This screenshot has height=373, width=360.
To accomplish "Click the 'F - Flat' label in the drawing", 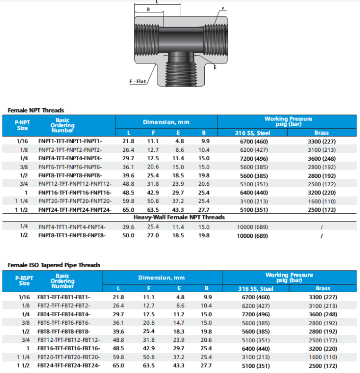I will click(x=138, y=82).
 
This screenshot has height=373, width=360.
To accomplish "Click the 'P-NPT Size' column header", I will click(x=22, y=125).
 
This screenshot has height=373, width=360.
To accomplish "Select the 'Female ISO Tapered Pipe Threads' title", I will click(x=54, y=265).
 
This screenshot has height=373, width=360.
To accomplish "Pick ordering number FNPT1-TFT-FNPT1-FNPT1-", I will click(x=70, y=141).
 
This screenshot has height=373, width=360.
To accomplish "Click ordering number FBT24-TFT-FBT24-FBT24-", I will click(x=69, y=366).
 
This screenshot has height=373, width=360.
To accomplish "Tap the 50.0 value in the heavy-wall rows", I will click(x=129, y=235).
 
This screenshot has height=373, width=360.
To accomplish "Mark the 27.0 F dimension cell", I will click(x=153, y=235).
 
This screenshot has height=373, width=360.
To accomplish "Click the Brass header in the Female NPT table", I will click(x=321, y=133).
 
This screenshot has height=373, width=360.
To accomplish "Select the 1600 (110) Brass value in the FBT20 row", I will click(x=323, y=357).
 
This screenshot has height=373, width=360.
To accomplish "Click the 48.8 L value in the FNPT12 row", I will click(x=129, y=184).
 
